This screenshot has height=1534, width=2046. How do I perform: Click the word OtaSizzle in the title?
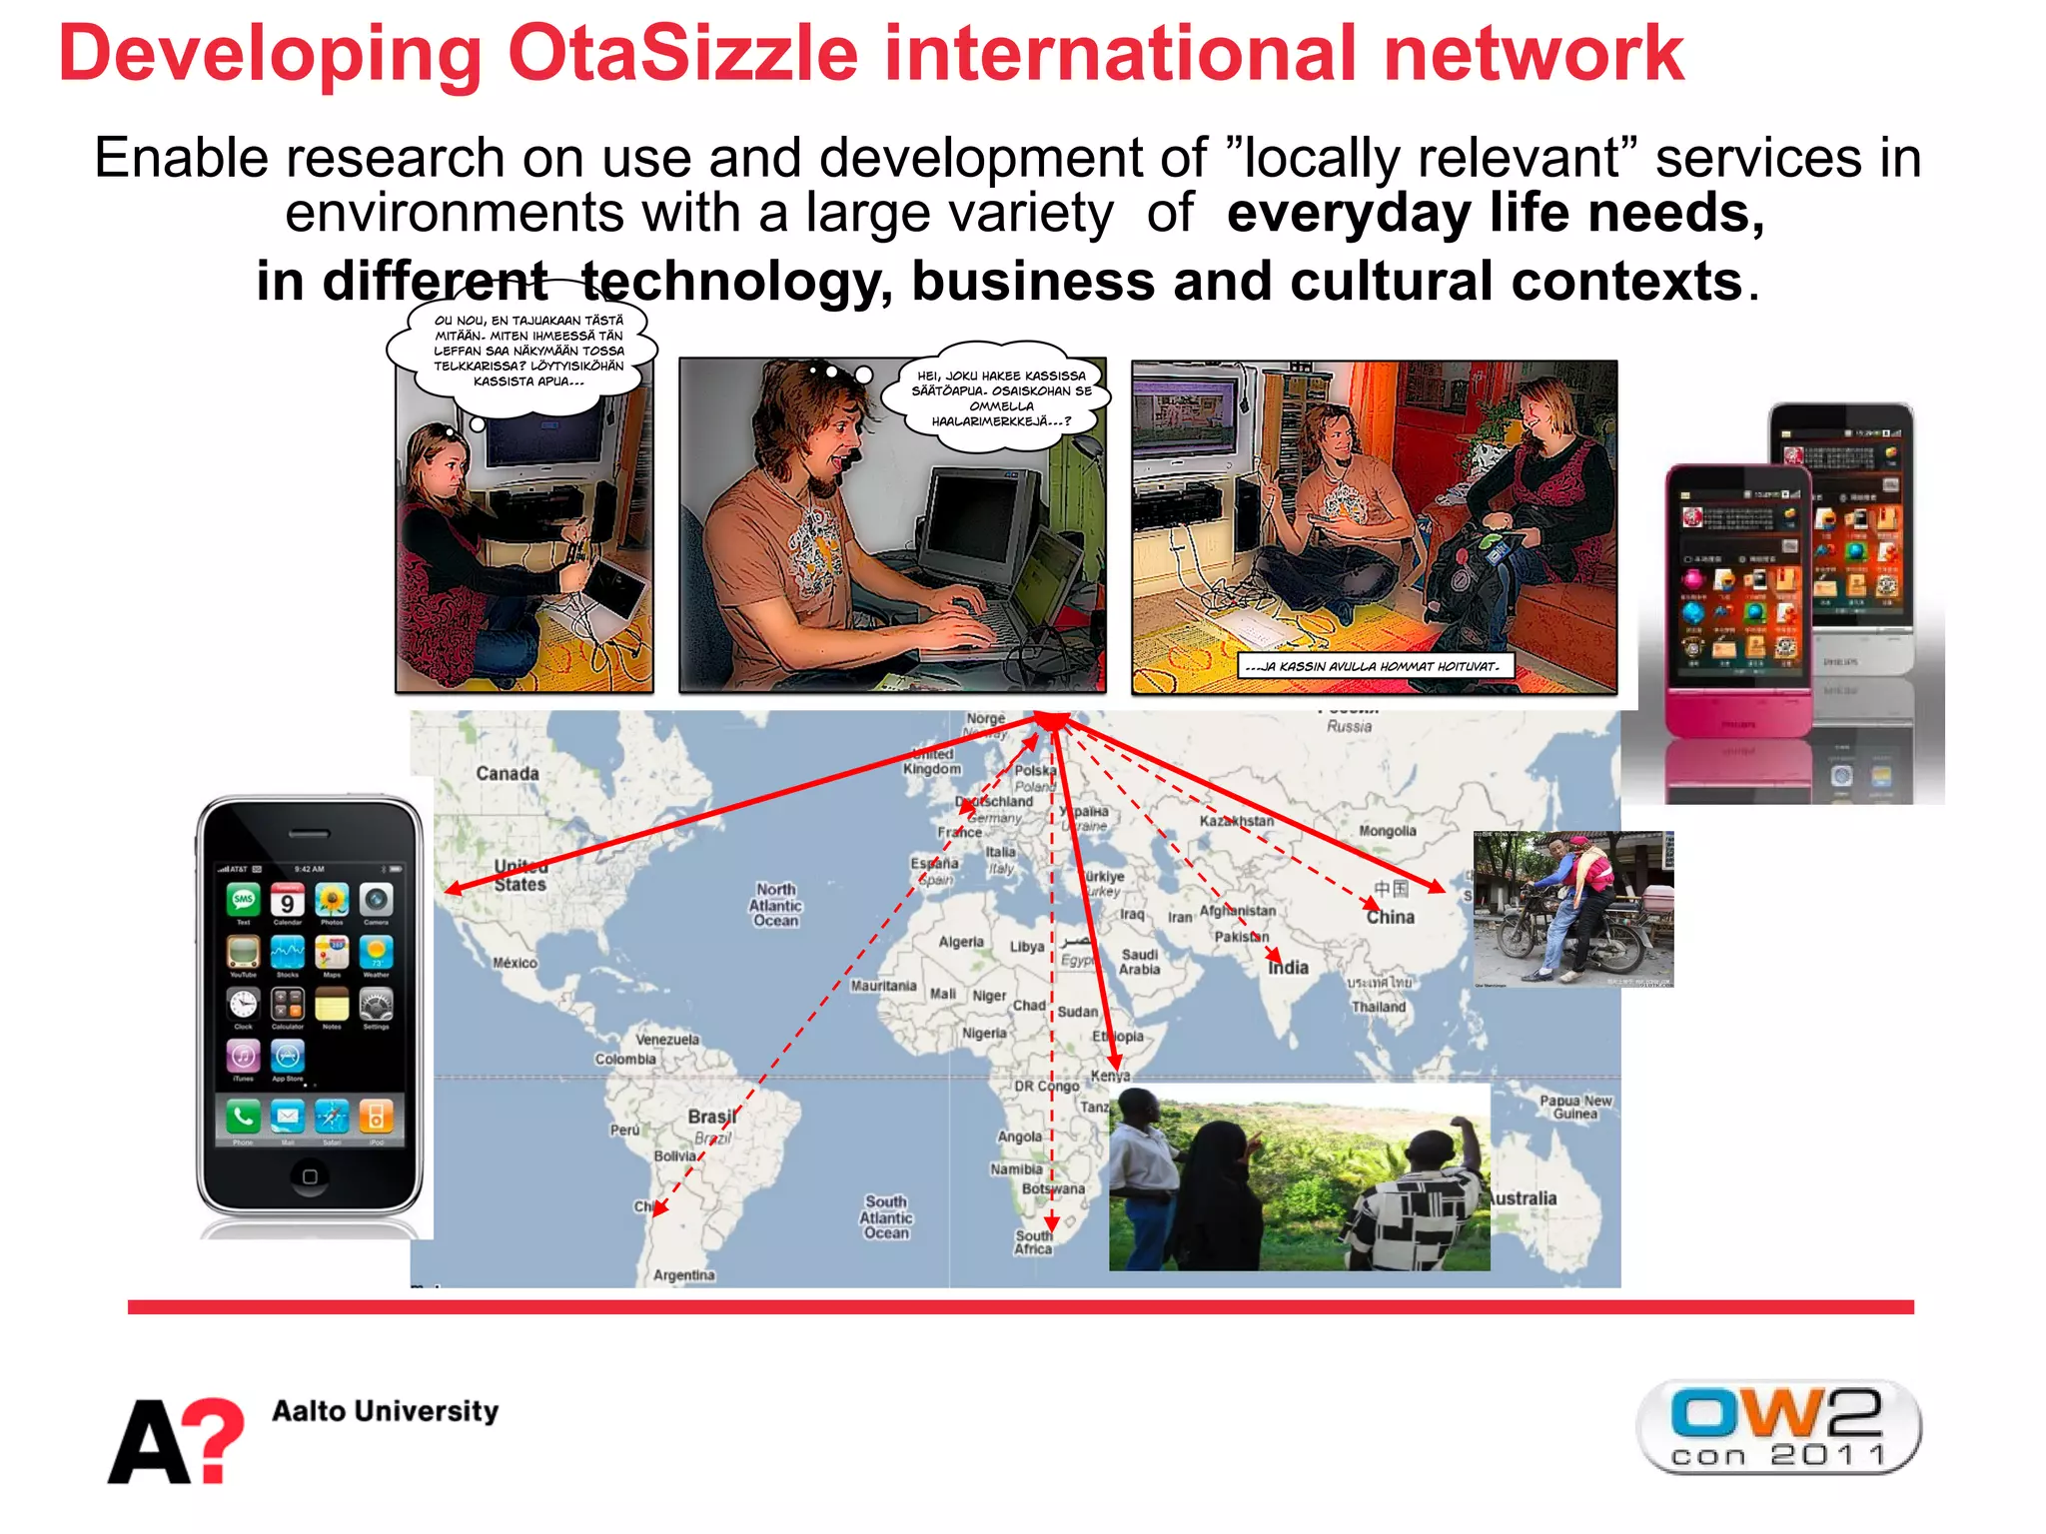[x=682, y=54]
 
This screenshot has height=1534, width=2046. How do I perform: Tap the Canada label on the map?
[x=507, y=774]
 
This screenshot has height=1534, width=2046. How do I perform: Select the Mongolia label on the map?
[x=1387, y=831]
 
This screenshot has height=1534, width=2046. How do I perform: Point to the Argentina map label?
[x=683, y=1275]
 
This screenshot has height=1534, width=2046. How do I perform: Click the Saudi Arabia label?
[x=1139, y=962]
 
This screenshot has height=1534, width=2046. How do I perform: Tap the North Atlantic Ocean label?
[x=775, y=905]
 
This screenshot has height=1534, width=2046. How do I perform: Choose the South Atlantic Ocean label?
[x=886, y=1217]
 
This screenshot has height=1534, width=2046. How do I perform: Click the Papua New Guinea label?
[x=1575, y=1107]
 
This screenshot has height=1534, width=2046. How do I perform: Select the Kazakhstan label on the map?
[x=1237, y=821]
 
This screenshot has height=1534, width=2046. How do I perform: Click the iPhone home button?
[x=310, y=1176]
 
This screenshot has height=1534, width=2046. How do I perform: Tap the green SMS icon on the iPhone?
[x=243, y=900]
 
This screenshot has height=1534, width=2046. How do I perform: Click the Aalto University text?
[x=385, y=1411]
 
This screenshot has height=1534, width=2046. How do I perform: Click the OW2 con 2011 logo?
[x=1777, y=1427]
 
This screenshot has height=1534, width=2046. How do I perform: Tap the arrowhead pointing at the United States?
[x=453, y=888]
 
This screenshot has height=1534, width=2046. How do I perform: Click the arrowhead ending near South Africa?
[x=1051, y=1226]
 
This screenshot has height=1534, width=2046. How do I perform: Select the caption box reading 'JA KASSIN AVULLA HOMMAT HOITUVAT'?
[x=1375, y=666]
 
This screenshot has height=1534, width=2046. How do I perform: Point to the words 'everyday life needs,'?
[x=1496, y=213]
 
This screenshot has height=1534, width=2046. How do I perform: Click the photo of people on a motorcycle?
[x=1573, y=909]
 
